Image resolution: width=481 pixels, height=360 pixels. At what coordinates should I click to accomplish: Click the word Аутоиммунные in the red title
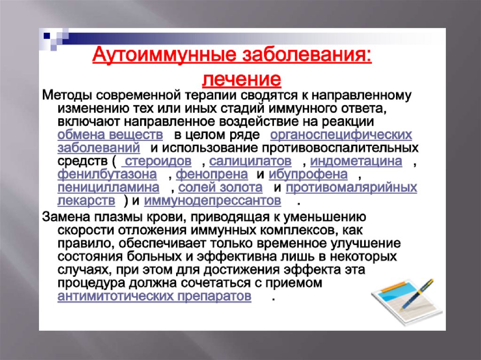click(x=164, y=55)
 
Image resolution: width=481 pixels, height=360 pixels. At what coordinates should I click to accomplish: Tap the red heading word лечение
click(x=241, y=79)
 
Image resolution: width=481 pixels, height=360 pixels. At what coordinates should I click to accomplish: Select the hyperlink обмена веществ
click(x=110, y=135)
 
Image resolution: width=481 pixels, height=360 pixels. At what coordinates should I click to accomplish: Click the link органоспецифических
click(x=341, y=135)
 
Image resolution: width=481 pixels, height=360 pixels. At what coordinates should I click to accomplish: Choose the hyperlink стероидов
click(x=158, y=161)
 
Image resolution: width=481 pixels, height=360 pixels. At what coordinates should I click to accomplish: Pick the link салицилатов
click(x=250, y=161)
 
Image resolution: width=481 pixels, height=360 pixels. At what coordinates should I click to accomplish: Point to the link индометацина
click(x=356, y=161)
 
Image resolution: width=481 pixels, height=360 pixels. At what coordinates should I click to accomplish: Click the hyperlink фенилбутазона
click(x=107, y=174)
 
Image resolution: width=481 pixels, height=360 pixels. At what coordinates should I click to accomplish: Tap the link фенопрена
click(x=212, y=174)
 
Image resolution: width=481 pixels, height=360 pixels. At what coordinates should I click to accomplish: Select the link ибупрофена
click(x=308, y=174)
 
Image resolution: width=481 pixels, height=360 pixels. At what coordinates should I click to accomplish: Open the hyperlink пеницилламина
click(x=109, y=187)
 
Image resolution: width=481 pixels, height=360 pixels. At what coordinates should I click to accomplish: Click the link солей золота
click(x=220, y=187)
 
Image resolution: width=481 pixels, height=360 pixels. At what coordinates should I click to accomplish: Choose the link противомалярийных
click(x=351, y=187)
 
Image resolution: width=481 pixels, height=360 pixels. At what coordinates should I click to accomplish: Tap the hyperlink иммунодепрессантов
click(x=212, y=200)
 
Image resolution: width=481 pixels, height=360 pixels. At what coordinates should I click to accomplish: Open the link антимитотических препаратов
click(x=154, y=296)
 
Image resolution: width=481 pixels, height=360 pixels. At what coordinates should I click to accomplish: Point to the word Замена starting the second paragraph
click(x=66, y=217)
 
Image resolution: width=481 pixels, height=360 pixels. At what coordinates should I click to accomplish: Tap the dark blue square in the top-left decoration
click(x=47, y=36)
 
